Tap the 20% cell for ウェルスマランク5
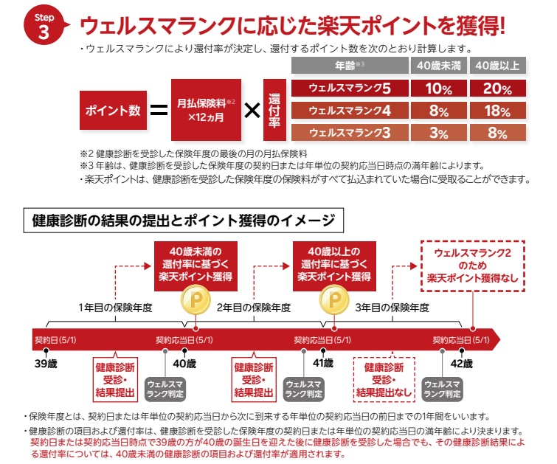click(497, 89)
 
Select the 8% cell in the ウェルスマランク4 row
click(438, 111)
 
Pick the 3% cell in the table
click(438, 134)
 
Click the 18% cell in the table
click(497, 111)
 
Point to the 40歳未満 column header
click(438, 66)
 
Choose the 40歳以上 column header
click(497, 66)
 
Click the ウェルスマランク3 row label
click(349, 134)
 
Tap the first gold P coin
click(194, 300)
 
